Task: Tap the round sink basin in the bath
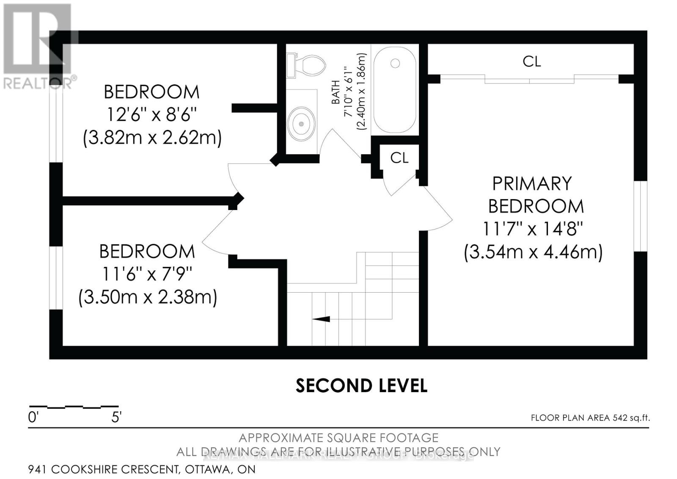pyautogui.click(x=301, y=124)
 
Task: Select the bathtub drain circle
pyautogui.click(x=395, y=63)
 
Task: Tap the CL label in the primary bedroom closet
pyautogui.click(x=531, y=62)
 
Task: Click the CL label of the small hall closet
pyautogui.click(x=399, y=158)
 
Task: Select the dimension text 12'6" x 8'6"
pyautogui.click(x=151, y=115)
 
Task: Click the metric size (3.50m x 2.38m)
pyautogui.click(x=148, y=297)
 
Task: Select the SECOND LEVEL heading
pyautogui.click(x=361, y=386)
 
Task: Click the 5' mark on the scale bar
pyautogui.click(x=116, y=418)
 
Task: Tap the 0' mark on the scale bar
pyautogui.click(x=33, y=418)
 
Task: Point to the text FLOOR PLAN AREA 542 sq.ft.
pyautogui.click(x=590, y=418)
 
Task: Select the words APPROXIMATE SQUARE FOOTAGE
pyautogui.click(x=338, y=437)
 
